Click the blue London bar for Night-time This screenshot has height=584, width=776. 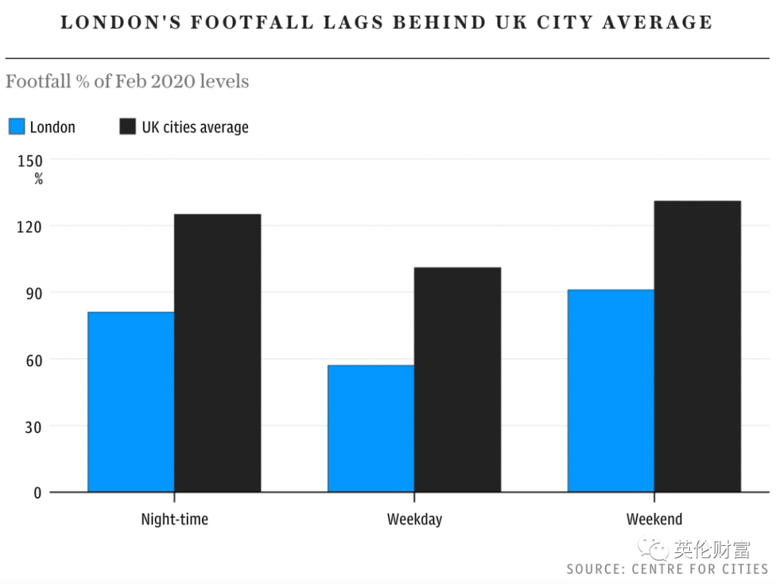tap(131, 402)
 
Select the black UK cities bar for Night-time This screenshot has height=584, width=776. tap(218, 353)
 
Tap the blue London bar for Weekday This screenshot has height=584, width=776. tap(371, 429)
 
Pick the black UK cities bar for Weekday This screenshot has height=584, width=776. tap(458, 380)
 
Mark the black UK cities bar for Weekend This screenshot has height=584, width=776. tap(698, 347)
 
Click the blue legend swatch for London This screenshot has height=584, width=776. tap(17, 127)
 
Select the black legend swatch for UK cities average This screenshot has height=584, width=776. tap(127, 127)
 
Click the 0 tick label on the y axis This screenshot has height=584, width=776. tap(37, 493)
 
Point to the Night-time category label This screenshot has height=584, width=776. tap(175, 519)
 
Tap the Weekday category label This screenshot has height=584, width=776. tap(415, 519)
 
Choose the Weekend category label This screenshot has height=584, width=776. tap(654, 519)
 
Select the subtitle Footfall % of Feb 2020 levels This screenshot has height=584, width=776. tap(127, 81)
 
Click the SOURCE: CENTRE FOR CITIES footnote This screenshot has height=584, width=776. tap(667, 569)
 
